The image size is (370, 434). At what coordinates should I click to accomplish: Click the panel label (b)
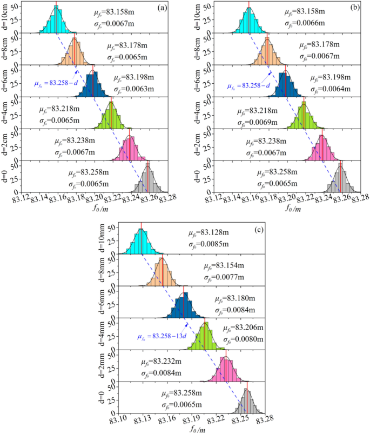tap(356, 8)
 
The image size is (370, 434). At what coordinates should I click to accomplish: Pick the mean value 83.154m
tap(221, 266)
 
